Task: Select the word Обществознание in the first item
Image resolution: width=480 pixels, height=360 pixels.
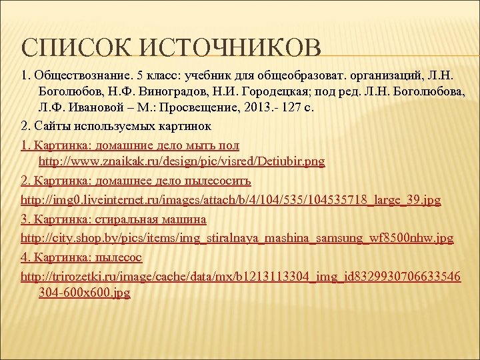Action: pos(81,73)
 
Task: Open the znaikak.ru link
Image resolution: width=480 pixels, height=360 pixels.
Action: pos(181,162)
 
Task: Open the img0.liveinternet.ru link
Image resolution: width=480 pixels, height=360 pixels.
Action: pos(231,199)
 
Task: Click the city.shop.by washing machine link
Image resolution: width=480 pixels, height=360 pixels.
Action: pos(237,237)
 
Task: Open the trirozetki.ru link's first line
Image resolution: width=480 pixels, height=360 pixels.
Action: pos(241,275)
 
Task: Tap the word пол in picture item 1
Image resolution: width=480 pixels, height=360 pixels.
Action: pos(229,144)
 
